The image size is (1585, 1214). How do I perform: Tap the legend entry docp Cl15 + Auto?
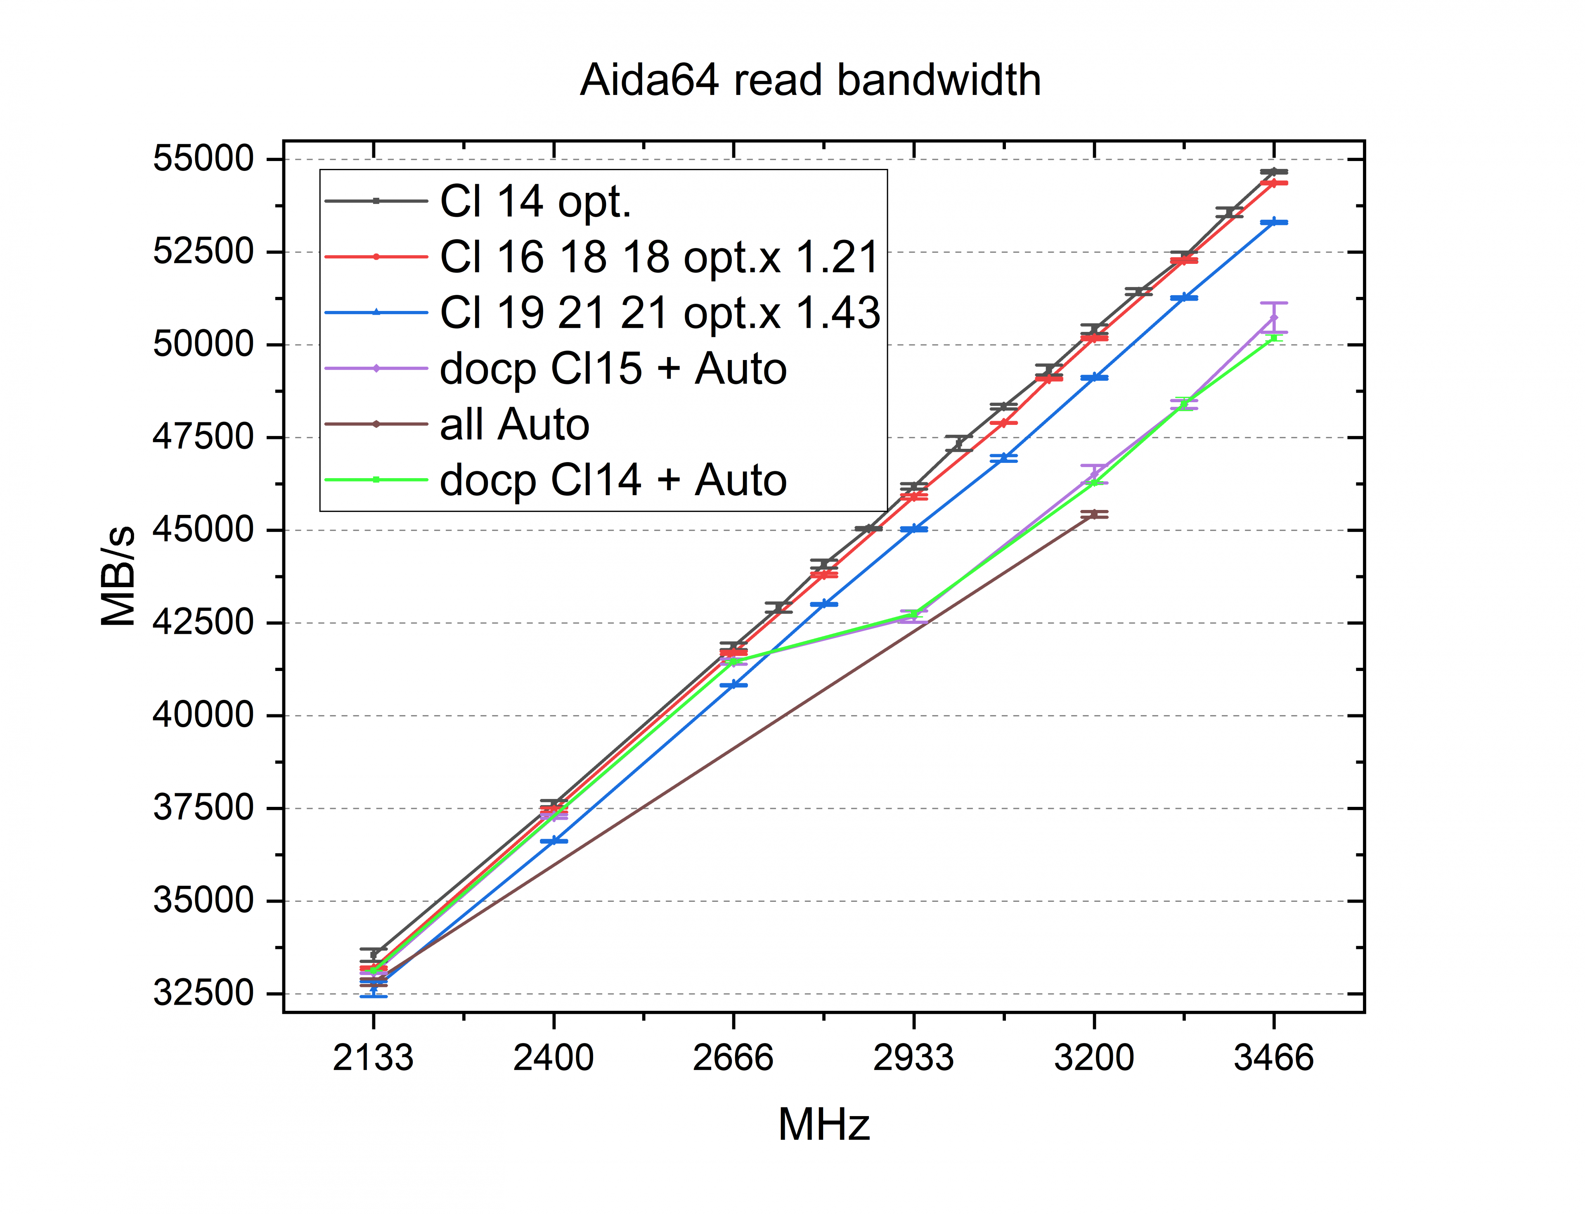pyautogui.click(x=613, y=368)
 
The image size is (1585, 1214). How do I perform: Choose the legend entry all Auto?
pyautogui.click(x=514, y=424)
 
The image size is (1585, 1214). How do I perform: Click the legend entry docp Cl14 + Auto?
pyautogui.click(x=613, y=480)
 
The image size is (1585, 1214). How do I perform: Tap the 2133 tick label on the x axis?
pyautogui.click(x=373, y=1058)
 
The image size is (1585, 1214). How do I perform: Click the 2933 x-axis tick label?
pyautogui.click(x=913, y=1058)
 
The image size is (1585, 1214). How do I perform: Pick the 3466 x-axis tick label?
pyautogui.click(x=1274, y=1058)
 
